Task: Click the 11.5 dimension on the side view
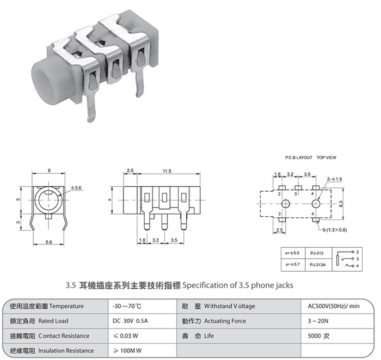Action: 167,171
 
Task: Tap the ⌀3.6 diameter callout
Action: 76,188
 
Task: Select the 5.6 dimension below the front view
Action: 49,242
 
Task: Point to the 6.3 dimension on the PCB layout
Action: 341,204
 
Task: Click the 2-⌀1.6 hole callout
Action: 334,179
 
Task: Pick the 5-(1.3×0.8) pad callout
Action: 335,230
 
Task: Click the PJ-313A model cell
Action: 317,265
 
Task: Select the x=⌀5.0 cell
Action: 292,253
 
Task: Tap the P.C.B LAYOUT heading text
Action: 299,157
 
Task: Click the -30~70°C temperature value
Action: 127,306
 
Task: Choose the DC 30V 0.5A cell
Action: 130,321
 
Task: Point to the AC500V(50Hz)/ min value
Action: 333,306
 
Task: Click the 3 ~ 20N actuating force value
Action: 318,321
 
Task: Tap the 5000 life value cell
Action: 318,335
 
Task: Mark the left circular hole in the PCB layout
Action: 286,204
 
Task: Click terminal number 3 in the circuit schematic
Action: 357,259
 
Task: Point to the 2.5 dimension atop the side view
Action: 130,170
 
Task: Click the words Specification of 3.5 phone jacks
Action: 238,285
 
